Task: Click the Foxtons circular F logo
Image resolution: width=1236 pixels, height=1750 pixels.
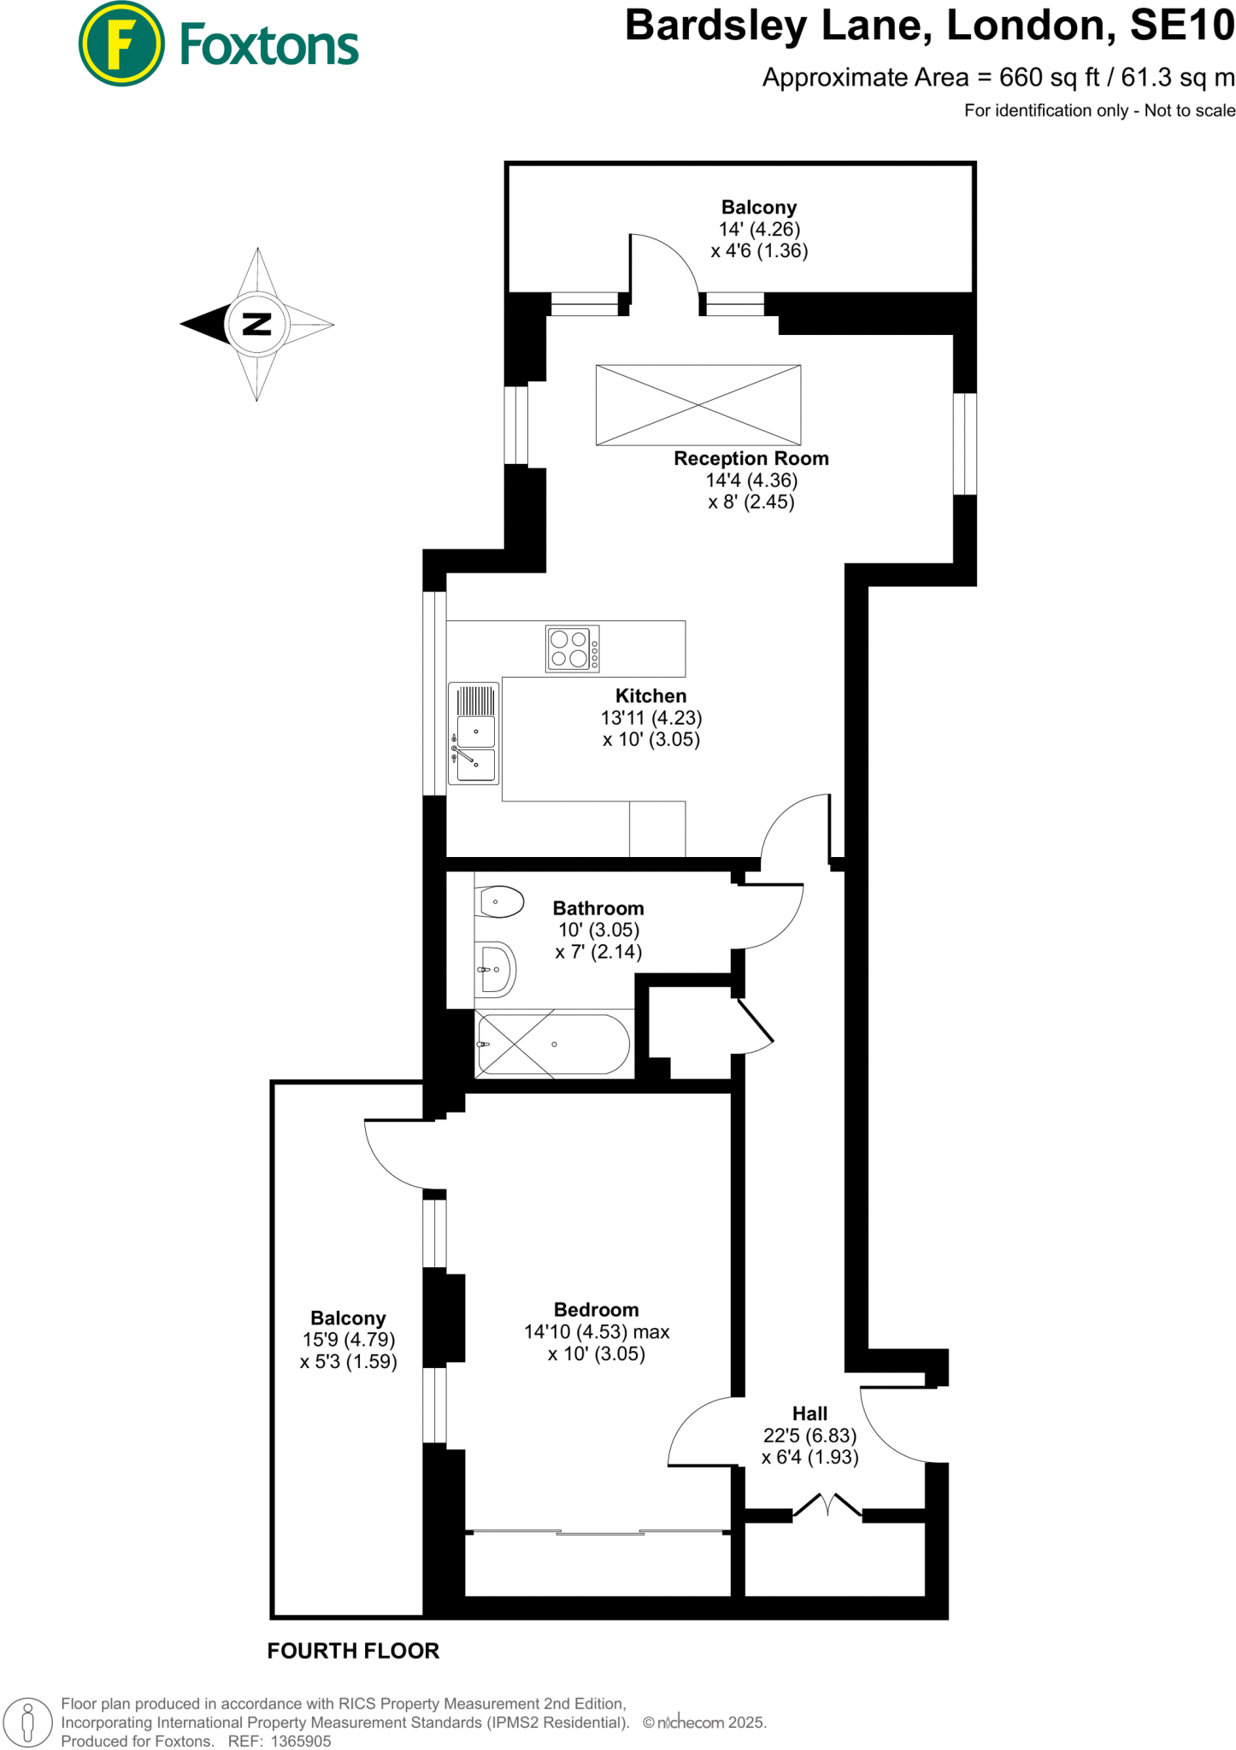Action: pyautogui.click(x=121, y=44)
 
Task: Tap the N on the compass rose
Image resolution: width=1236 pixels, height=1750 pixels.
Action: pyautogui.click(x=256, y=324)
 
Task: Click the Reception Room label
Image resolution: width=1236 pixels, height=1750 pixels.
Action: pyautogui.click(x=751, y=458)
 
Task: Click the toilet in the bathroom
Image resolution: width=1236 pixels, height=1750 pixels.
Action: pyautogui.click(x=501, y=901)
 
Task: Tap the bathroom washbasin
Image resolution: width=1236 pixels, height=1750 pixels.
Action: pyautogui.click(x=495, y=970)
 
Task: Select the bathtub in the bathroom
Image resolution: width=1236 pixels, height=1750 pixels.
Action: pyautogui.click(x=554, y=1044)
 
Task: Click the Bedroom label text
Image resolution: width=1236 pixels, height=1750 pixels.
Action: pyautogui.click(x=596, y=1310)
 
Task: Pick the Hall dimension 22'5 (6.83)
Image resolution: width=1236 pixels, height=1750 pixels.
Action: pyautogui.click(x=809, y=1436)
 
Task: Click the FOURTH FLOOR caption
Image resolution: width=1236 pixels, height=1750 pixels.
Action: pyautogui.click(x=353, y=1651)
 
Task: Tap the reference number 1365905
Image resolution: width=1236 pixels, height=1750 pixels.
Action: pyautogui.click(x=301, y=1741)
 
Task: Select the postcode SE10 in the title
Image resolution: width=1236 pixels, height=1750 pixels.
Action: pyautogui.click(x=1182, y=26)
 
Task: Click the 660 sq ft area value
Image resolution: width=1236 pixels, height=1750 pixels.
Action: pyautogui.click(x=1049, y=78)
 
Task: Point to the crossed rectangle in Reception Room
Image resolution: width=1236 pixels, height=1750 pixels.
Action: pyautogui.click(x=698, y=405)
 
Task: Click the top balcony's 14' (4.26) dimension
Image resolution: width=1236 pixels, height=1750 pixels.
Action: pyautogui.click(x=759, y=229)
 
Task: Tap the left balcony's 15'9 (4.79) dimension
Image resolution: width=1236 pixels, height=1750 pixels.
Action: pyautogui.click(x=348, y=1340)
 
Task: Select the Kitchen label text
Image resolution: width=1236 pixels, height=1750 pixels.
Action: pyautogui.click(x=650, y=696)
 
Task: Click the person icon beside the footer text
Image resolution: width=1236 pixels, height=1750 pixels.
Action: pyautogui.click(x=27, y=1721)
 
